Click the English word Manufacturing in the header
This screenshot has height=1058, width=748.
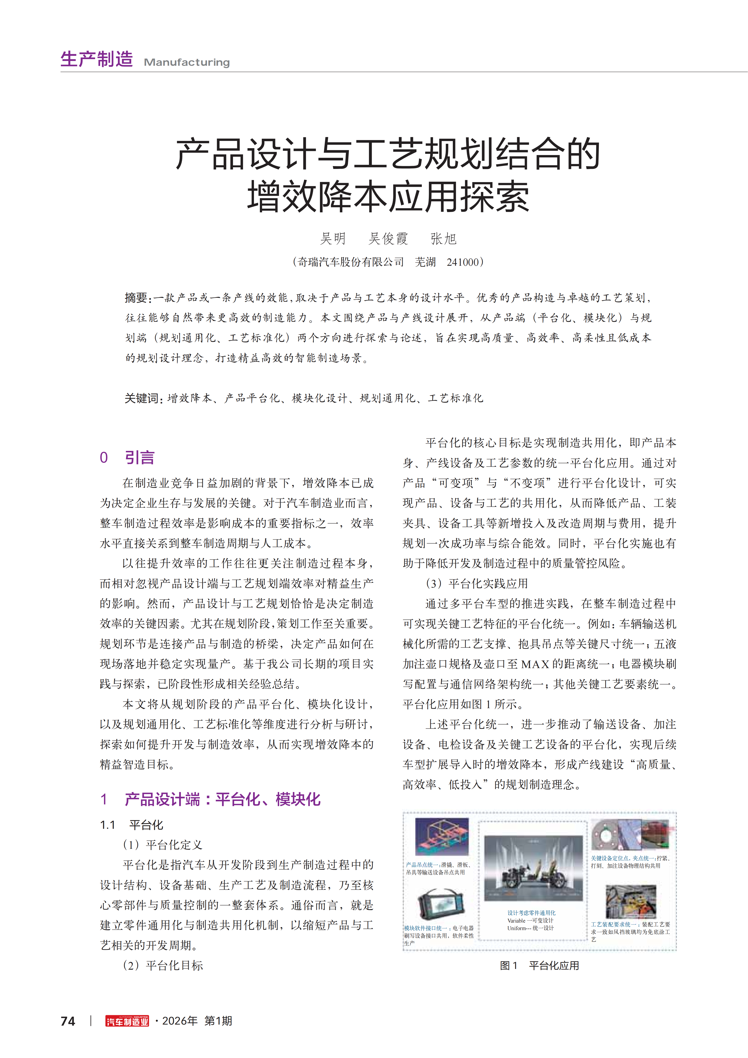point(187,62)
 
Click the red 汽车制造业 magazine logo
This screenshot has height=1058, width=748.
point(127,1021)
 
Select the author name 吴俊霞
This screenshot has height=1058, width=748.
point(388,239)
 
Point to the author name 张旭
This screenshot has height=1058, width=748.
point(443,239)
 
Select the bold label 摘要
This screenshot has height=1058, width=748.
point(136,298)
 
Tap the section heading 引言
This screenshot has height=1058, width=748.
point(140,458)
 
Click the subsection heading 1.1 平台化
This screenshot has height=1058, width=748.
point(132,825)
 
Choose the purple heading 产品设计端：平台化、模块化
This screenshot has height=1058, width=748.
point(222,799)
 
